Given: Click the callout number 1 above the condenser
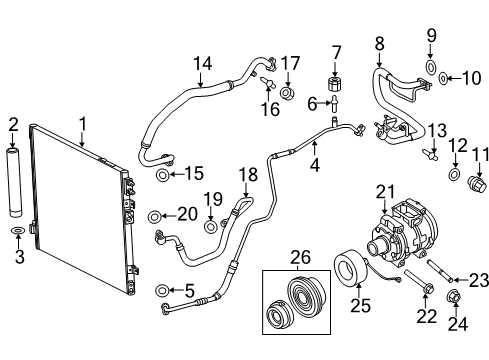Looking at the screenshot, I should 82,125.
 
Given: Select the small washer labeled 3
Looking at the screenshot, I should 14,233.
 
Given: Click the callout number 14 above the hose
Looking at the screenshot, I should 203,63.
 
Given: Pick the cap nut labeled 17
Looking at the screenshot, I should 287,94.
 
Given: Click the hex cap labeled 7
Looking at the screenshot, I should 336,77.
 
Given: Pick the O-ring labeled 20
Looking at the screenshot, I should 153,216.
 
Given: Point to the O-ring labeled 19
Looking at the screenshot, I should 211,226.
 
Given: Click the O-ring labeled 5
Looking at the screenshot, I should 161,291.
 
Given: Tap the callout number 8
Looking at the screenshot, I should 379,43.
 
